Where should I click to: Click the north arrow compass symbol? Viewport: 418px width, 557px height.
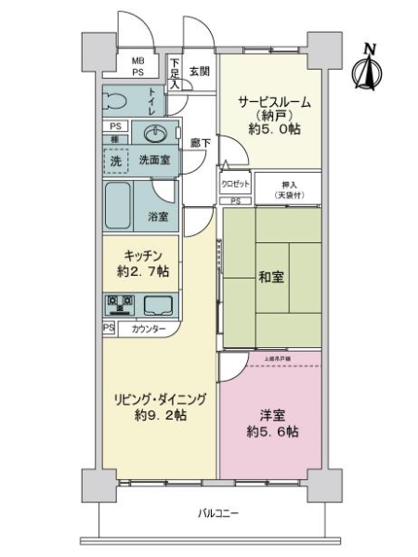[x=369, y=68]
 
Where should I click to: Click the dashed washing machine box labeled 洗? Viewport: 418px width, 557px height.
[x=115, y=160]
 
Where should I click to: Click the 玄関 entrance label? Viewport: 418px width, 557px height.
[x=200, y=71]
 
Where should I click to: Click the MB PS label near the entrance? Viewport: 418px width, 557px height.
[x=137, y=65]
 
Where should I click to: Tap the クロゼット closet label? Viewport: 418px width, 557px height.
[x=235, y=184]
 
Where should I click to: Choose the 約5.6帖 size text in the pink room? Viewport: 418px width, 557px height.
[x=272, y=434]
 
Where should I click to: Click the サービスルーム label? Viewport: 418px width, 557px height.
[x=272, y=101]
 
